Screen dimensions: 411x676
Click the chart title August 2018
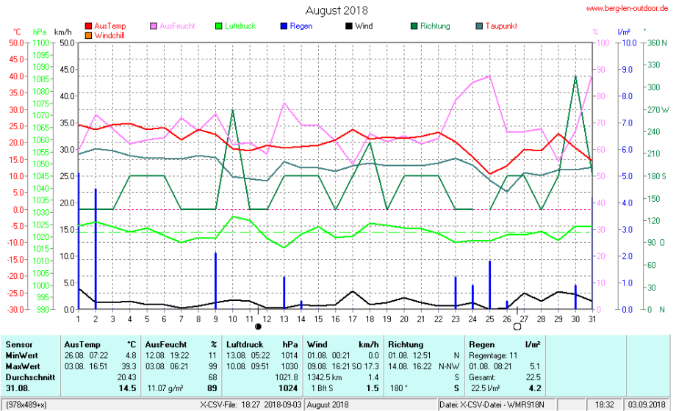pyautogui.click(x=337, y=10)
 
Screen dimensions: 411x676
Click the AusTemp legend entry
pyautogui.click(x=109, y=26)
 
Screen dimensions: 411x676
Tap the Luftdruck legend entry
pyautogui.click(x=240, y=26)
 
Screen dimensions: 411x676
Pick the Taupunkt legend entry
pyautogui.click(x=502, y=26)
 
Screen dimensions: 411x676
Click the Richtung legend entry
pyautogui.click(x=434, y=26)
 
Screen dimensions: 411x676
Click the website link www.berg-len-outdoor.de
pyautogui.click(x=627, y=8)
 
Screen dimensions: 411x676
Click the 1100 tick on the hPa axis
pyautogui.click(x=39, y=43)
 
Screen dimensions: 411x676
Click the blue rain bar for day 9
pyautogui.click(x=215, y=280)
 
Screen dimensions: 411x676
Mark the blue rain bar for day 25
pyautogui.click(x=490, y=285)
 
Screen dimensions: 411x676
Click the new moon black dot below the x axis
pyautogui.click(x=258, y=326)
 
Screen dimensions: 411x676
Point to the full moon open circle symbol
pyautogui.click(x=517, y=327)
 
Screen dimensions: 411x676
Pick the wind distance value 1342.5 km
pyautogui.click(x=324, y=377)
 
